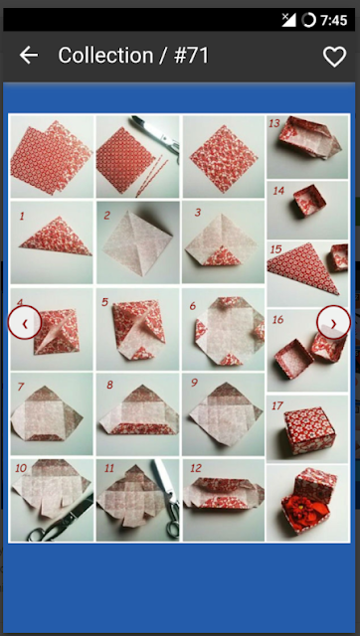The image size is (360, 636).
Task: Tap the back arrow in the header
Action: coord(29,56)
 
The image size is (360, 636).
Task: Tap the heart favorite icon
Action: coord(334,56)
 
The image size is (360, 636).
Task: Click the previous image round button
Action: coord(25,323)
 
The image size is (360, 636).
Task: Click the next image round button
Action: coord(333,323)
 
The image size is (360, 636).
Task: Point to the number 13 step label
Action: coord(274,123)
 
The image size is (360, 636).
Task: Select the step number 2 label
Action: coord(106,215)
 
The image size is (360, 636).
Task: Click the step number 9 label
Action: coord(194,383)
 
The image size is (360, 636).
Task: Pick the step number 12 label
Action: coord(196,468)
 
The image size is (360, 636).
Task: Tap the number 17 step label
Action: coord(277,405)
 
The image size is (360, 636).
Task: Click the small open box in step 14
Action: coord(309,201)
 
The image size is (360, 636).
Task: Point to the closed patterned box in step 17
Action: coord(310,430)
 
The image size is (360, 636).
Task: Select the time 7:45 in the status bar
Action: coord(333,20)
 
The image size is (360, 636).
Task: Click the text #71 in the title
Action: coord(192,56)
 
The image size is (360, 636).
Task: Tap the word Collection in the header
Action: coord(106,56)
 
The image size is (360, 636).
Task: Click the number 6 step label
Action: coord(193,306)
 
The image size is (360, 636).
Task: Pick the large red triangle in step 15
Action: coord(302,268)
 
